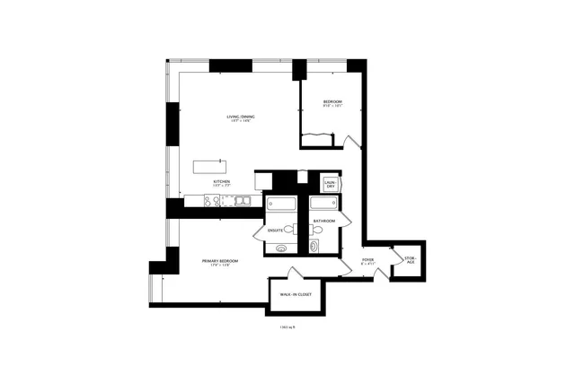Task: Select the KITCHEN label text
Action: coord(221,182)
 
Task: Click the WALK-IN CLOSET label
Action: coord(296,294)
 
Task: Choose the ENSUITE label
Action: coord(276,231)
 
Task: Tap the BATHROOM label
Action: coord(324,221)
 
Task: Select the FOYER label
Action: coord(368,260)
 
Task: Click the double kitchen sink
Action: coord(243,202)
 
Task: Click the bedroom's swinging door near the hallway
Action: coord(349,140)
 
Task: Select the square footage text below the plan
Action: coord(287,328)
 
